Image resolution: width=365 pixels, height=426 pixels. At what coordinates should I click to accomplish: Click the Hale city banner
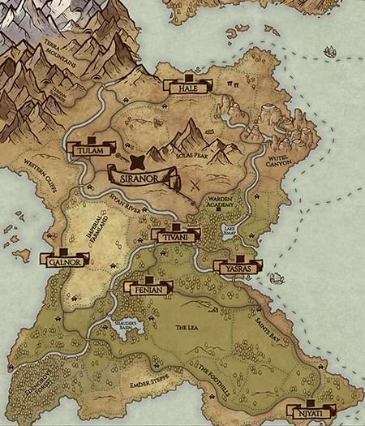pyautogui.click(x=187, y=86)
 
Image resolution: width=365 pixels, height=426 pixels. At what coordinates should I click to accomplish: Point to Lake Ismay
pyautogui.click(x=230, y=230)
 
